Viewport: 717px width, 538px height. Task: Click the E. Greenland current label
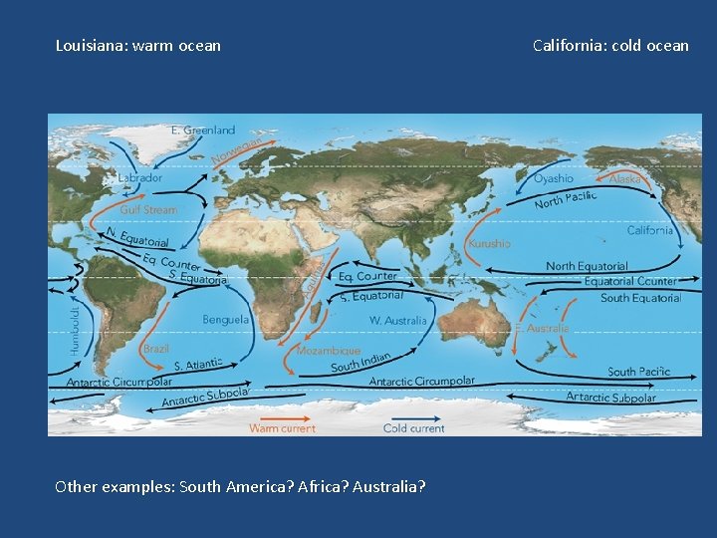click(203, 130)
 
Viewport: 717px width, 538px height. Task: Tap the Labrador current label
click(139, 177)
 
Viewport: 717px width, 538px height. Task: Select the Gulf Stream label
click(148, 210)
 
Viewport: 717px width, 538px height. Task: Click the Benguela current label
click(226, 320)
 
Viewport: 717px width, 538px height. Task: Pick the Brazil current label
click(155, 350)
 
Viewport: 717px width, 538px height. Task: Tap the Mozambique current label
click(328, 351)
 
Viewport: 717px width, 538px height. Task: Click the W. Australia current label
click(397, 321)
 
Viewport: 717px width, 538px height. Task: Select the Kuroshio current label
click(489, 243)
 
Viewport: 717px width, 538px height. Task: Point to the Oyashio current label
click(554, 178)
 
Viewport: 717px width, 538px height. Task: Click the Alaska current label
click(625, 178)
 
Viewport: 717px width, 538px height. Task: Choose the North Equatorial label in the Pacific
click(587, 266)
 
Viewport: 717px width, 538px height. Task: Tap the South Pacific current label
click(638, 372)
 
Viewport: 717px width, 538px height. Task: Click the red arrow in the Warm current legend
click(282, 417)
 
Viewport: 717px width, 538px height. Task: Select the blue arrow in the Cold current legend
click(413, 417)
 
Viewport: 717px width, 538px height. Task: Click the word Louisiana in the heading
click(90, 45)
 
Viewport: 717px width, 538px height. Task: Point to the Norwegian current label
click(236, 150)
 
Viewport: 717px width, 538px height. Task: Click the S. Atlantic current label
click(190, 367)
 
